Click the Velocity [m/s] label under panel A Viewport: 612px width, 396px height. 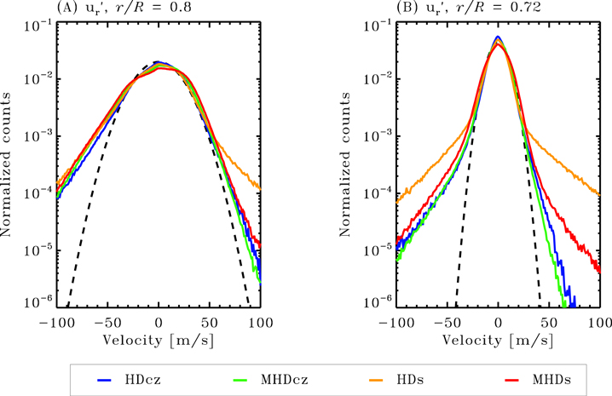click(159, 341)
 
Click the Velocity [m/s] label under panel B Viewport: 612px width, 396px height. click(498, 341)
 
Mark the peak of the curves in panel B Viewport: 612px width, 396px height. click(498, 39)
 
